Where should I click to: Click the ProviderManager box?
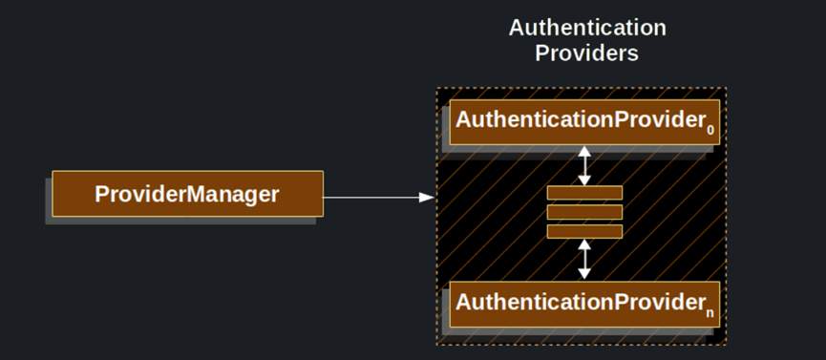pyautogui.click(x=187, y=194)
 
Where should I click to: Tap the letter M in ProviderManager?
pyautogui.click(x=193, y=194)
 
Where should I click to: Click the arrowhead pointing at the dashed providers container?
pyautogui.click(x=427, y=198)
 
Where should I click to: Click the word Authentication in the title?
pyautogui.click(x=586, y=28)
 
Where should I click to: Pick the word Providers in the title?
pyautogui.click(x=586, y=53)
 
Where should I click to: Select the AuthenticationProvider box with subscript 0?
pyautogui.click(x=584, y=121)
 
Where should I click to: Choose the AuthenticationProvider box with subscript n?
pyautogui.click(x=584, y=304)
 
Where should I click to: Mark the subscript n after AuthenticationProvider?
pyautogui.click(x=710, y=312)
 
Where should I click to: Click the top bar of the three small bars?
pyautogui.click(x=584, y=193)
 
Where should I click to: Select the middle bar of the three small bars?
pyautogui.click(x=584, y=212)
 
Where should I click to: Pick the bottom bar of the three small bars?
pyautogui.click(x=584, y=231)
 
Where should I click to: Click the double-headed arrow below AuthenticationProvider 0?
pyautogui.click(x=584, y=165)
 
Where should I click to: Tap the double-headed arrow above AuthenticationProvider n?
pyautogui.click(x=584, y=259)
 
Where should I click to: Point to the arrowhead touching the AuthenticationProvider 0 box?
pyautogui.click(x=584, y=151)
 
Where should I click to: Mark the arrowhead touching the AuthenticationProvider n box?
pyautogui.click(x=584, y=273)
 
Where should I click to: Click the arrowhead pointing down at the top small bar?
pyautogui.click(x=584, y=180)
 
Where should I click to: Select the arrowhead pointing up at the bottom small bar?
pyautogui.click(x=584, y=244)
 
